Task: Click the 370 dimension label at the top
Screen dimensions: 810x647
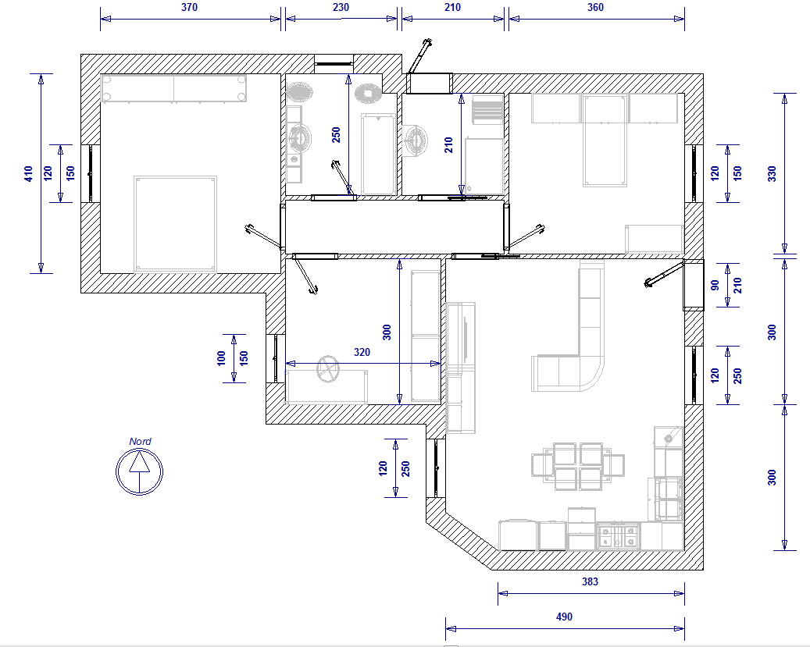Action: pos(189,7)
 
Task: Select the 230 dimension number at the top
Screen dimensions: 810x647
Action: pos(341,7)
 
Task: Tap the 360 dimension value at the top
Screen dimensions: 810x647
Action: pos(595,7)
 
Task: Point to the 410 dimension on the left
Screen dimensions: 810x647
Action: pos(28,173)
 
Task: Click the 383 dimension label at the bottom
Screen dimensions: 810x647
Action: pos(590,581)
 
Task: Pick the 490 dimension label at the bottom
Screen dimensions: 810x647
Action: pos(564,617)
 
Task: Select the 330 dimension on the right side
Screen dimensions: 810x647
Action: pos(772,173)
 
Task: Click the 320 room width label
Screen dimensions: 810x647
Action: pos(362,352)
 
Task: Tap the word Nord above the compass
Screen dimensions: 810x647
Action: pos(140,442)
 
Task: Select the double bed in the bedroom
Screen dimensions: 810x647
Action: pos(175,223)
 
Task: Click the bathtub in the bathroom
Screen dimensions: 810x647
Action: pos(379,155)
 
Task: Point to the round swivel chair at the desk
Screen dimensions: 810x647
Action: pos(327,369)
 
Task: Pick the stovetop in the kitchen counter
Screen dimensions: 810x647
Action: pos(618,536)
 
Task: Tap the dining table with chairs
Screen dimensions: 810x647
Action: pos(577,466)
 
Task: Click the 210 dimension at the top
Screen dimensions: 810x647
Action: pos(452,7)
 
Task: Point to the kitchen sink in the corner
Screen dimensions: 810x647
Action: pos(669,438)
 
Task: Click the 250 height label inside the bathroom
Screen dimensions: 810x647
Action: pos(337,135)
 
